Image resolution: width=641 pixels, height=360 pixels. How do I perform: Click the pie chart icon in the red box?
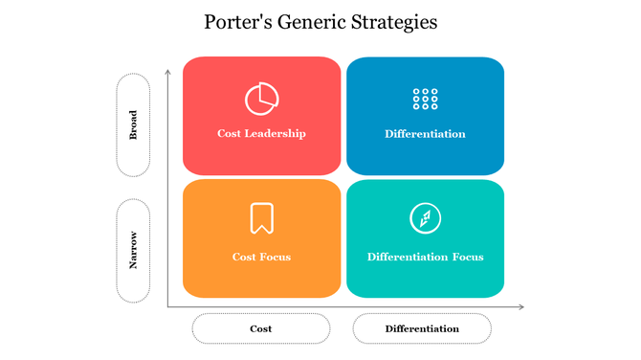pos(261,99)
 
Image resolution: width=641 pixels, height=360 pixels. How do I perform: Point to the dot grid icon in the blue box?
pos(425,99)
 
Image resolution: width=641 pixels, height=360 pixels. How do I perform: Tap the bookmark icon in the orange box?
pos(261,218)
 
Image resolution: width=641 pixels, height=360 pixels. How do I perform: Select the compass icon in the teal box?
pos(425,218)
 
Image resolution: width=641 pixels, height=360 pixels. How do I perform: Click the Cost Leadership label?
pos(261,133)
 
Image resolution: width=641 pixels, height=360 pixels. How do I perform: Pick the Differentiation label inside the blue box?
pos(425,133)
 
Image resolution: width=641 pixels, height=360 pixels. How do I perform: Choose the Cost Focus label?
pos(261,257)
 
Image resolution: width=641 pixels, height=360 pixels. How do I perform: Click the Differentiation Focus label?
pos(425,257)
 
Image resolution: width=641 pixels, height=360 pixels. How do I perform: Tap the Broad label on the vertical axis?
pos(133,125)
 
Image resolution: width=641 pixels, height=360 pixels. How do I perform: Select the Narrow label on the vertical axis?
pos(133,249)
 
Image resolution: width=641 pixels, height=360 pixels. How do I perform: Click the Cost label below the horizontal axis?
pos(260,328)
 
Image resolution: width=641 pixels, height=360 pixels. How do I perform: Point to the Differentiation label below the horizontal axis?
pos(422,328)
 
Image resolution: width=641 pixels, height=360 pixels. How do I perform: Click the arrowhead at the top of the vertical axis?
pos(168,71)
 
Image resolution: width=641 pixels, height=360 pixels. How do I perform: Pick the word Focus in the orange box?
pos(275,257)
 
